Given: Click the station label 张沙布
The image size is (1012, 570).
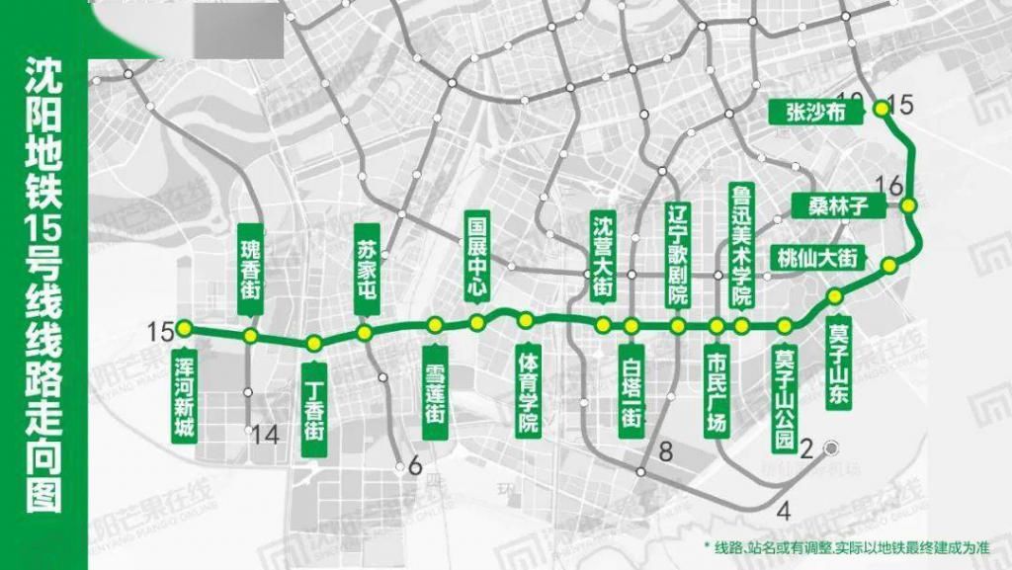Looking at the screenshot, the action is pos(808,112).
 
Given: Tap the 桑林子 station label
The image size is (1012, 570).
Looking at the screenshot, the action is pos(830,205).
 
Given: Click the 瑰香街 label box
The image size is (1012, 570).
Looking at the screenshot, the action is pos(251,263).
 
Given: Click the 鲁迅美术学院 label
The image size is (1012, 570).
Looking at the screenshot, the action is pos(741,244).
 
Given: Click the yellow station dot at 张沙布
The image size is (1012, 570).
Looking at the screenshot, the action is pos(883,111).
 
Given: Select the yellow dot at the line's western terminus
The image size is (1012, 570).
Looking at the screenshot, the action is pos(182,329).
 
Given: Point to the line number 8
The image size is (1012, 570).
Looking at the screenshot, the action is pos(665,452).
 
